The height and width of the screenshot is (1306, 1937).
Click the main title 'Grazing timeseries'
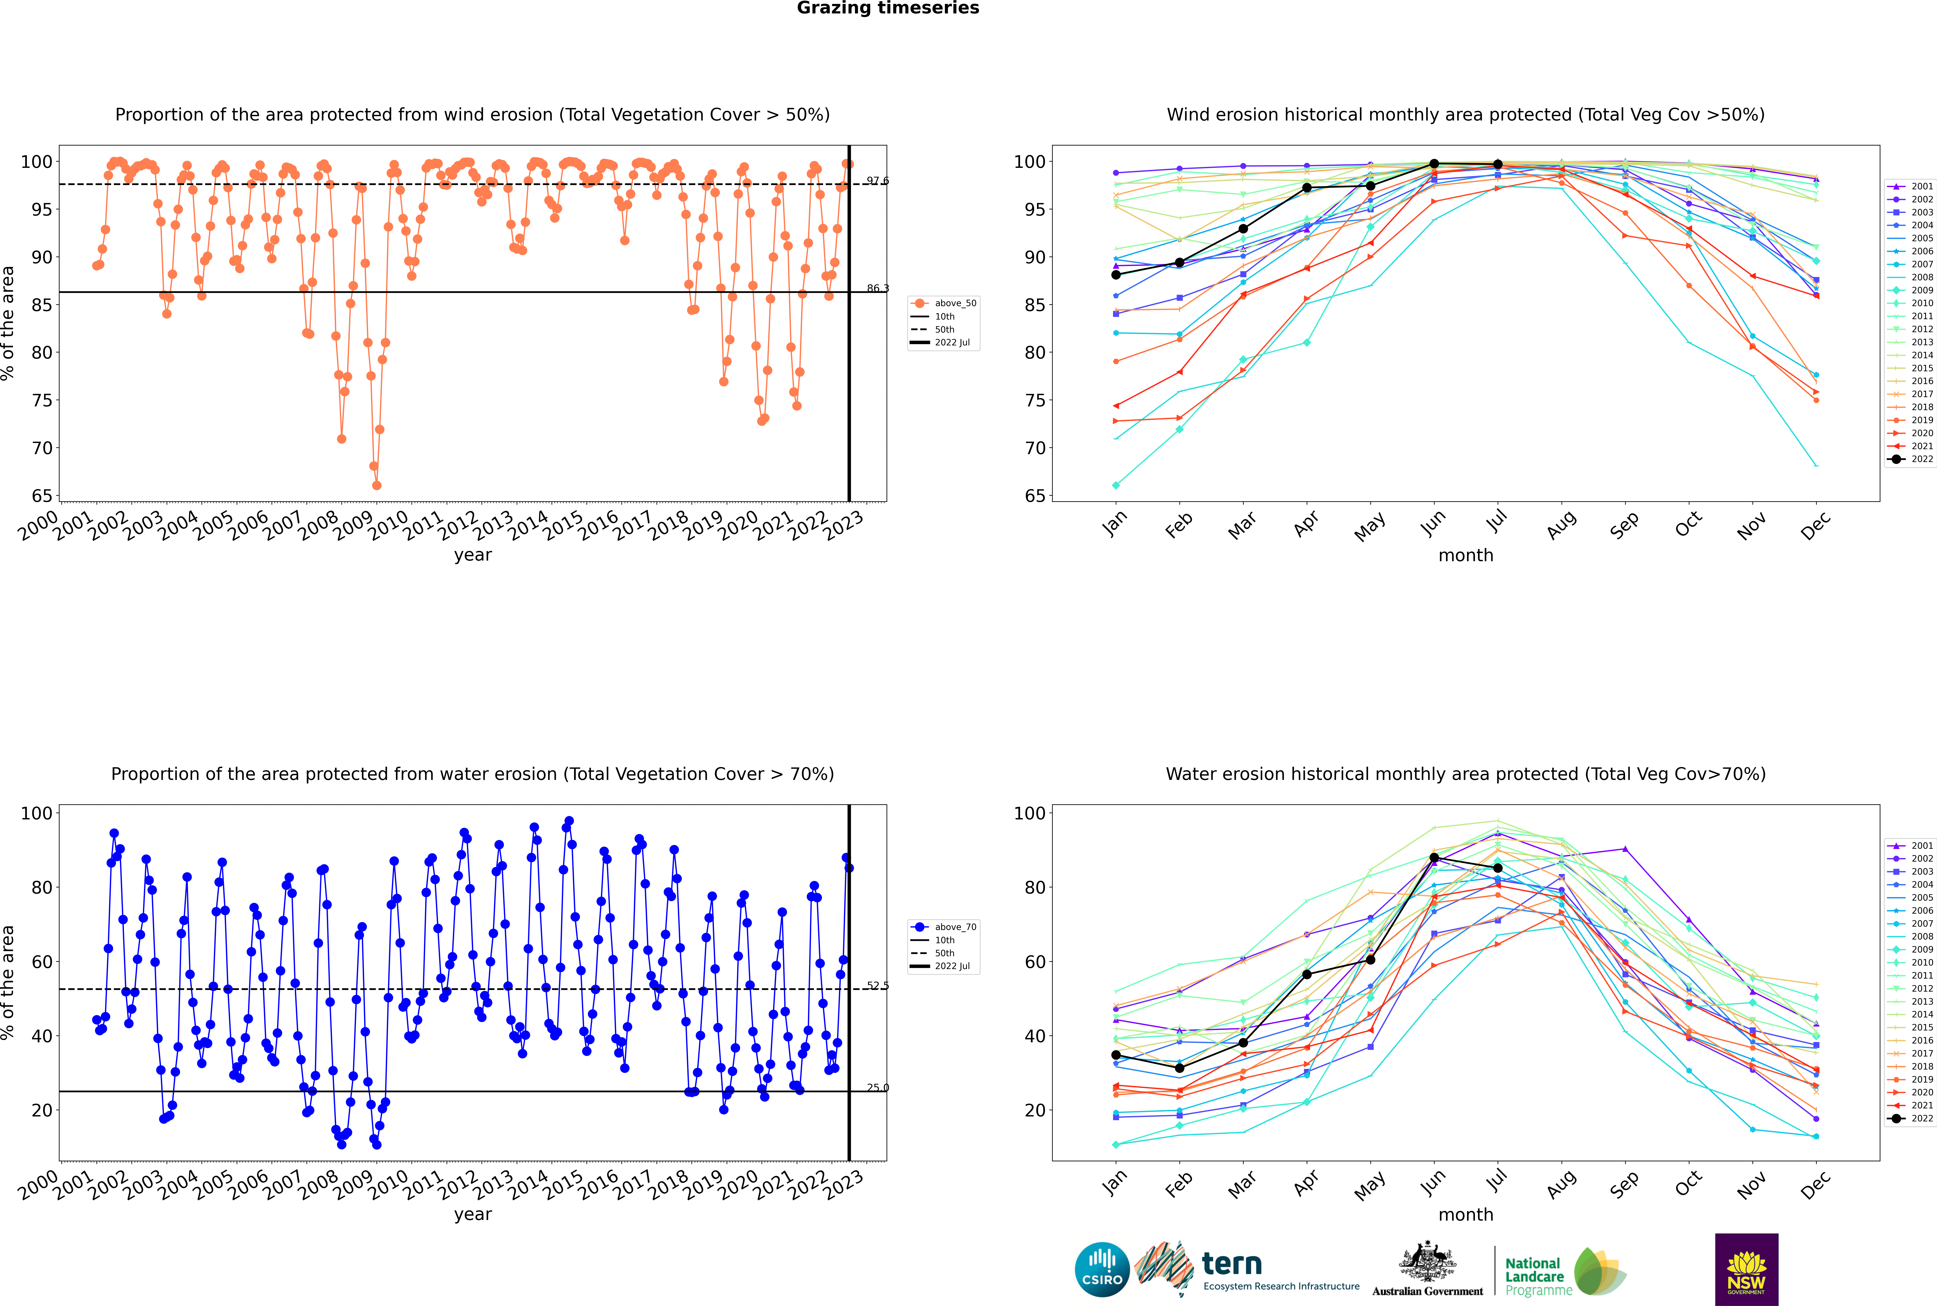[x=888, y=8]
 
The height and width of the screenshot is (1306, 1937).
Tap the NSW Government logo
[x=1746, y=1269]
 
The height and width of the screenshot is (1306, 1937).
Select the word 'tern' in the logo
[x=1232, y=1264]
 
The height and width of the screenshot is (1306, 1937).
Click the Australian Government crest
[x=1427, y=1262]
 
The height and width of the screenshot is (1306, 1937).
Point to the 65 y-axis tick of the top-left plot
[x=42, y=495]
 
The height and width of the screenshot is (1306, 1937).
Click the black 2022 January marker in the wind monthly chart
[x=1116, y=275]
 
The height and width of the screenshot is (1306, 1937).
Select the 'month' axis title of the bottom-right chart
[x=1466, y=1214]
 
